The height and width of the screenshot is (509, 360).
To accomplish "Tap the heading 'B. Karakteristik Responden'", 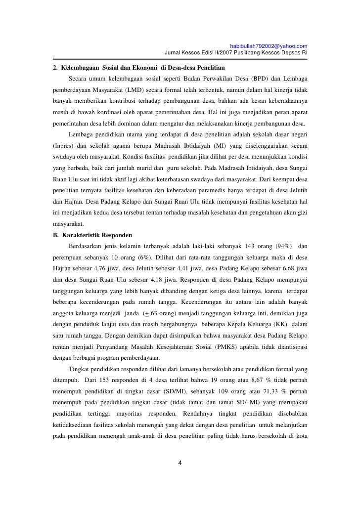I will pyautogui.click(x=92, y=234).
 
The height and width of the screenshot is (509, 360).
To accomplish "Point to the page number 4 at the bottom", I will pyautogui.click(x=180, y=463).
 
